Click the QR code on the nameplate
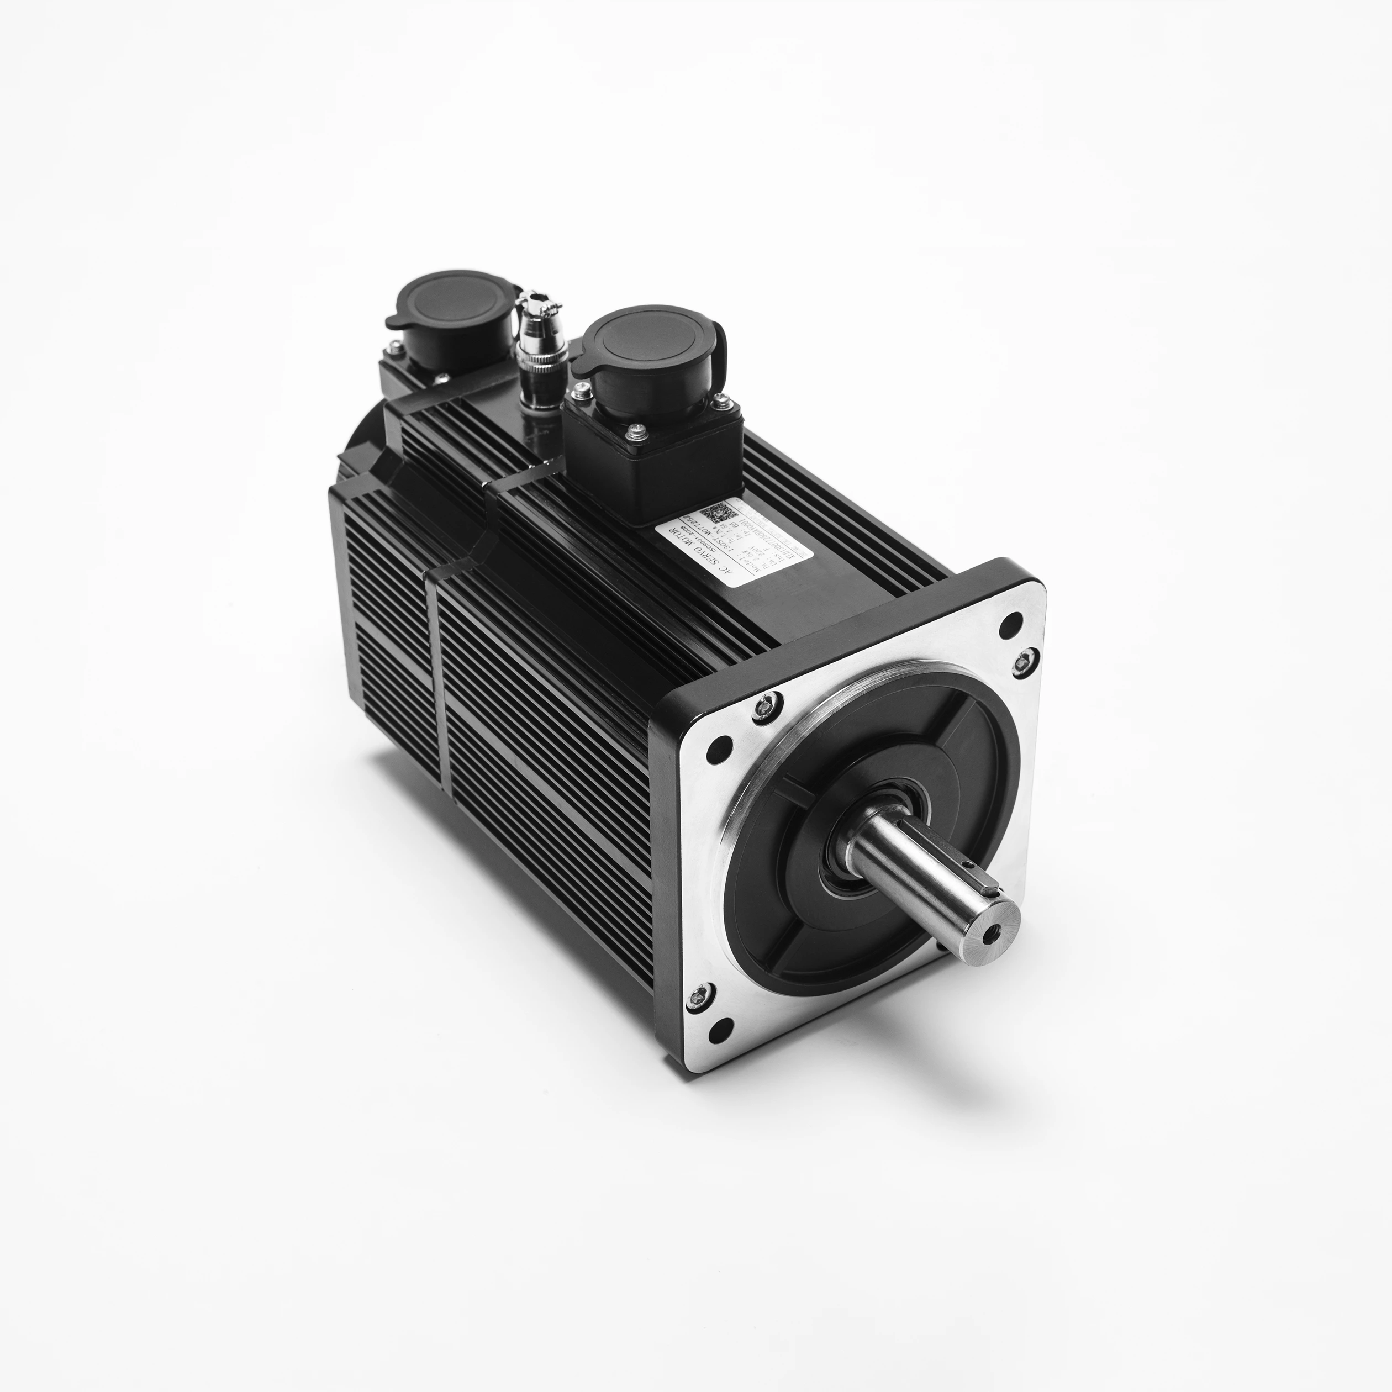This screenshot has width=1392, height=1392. (716, 514)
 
